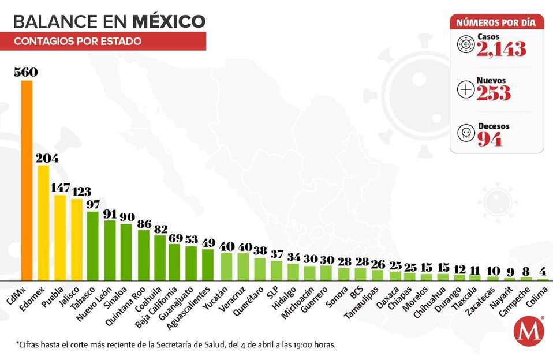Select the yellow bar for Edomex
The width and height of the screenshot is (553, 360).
[x=43, y=223]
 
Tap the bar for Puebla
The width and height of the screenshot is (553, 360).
[x=60, y=237]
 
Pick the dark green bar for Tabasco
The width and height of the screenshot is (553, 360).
[x=93, y=246]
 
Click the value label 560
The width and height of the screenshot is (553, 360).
[x=27, y=73]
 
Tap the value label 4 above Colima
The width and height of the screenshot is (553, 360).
[x=543, y=272]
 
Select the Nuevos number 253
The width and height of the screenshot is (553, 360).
[x=494, y=93]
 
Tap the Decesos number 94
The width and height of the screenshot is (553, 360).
[x=489, y=139]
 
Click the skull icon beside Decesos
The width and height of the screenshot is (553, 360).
[x=465, y=134]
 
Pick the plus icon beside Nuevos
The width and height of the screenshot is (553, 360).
[x=465, y=89]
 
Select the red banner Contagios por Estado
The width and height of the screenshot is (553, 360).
[x=109, y=42]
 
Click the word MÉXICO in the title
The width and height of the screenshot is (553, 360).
[x=169, y=21]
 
